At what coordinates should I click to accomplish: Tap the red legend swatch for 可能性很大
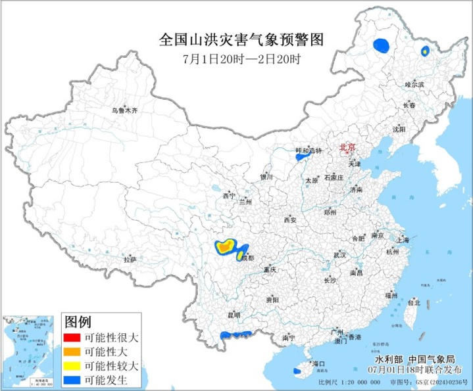point(72,338)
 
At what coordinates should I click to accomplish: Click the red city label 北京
point(348,149)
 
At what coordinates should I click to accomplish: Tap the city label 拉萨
point(130,260)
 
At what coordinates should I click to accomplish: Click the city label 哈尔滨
point(414,85)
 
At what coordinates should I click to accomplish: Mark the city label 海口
point(319,363)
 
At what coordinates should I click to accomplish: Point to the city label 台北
point(413,303)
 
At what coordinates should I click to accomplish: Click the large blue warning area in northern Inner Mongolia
point(380,45)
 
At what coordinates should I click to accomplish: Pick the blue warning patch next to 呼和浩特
point(302,157)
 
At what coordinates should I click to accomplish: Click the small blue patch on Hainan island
point(297,371)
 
